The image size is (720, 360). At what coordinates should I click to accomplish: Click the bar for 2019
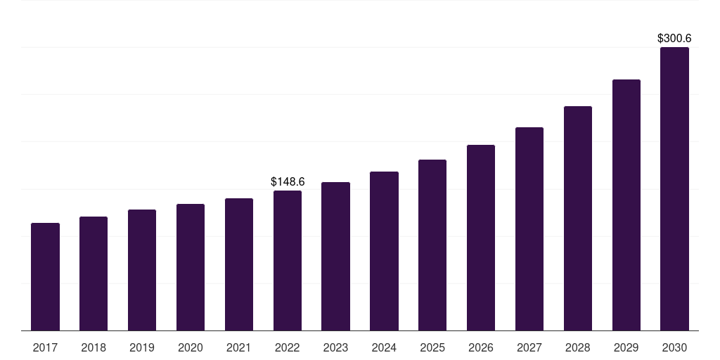click(142, 270)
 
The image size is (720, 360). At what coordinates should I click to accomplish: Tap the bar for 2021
click(239, 264)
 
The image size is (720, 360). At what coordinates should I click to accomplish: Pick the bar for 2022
click(288, 260)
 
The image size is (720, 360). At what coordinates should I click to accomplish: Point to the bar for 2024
click(384, 251)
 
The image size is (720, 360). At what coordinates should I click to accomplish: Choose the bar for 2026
click(481, 238)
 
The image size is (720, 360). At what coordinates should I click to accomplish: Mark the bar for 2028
click(578, 218)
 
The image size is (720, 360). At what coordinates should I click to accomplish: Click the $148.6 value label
click(288, 182)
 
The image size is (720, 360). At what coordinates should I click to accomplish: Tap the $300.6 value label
click(674, 39)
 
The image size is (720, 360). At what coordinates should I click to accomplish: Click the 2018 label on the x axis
click(94, 347)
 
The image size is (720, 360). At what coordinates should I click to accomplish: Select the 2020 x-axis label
click(191, 347)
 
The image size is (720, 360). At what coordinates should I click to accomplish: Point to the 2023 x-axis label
click(335, 347)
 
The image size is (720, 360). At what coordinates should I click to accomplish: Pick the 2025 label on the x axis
click(432, 347)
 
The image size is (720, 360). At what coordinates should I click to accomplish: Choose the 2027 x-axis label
click(529, 347)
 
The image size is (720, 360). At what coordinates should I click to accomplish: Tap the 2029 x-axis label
click(626, 347)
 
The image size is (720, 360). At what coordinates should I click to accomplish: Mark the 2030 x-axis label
click(674, 347)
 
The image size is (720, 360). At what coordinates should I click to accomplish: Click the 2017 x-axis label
click(45, 347)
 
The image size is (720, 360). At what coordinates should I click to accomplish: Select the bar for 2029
click(626, 205)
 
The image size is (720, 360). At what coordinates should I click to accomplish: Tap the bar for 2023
click(335, 256)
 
